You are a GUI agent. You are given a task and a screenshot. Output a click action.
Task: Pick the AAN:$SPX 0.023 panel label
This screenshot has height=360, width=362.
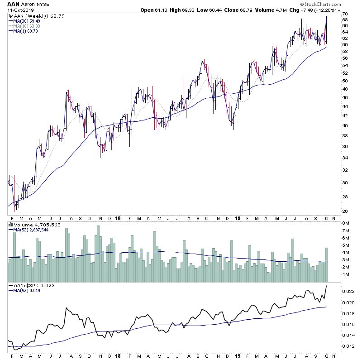32,286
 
